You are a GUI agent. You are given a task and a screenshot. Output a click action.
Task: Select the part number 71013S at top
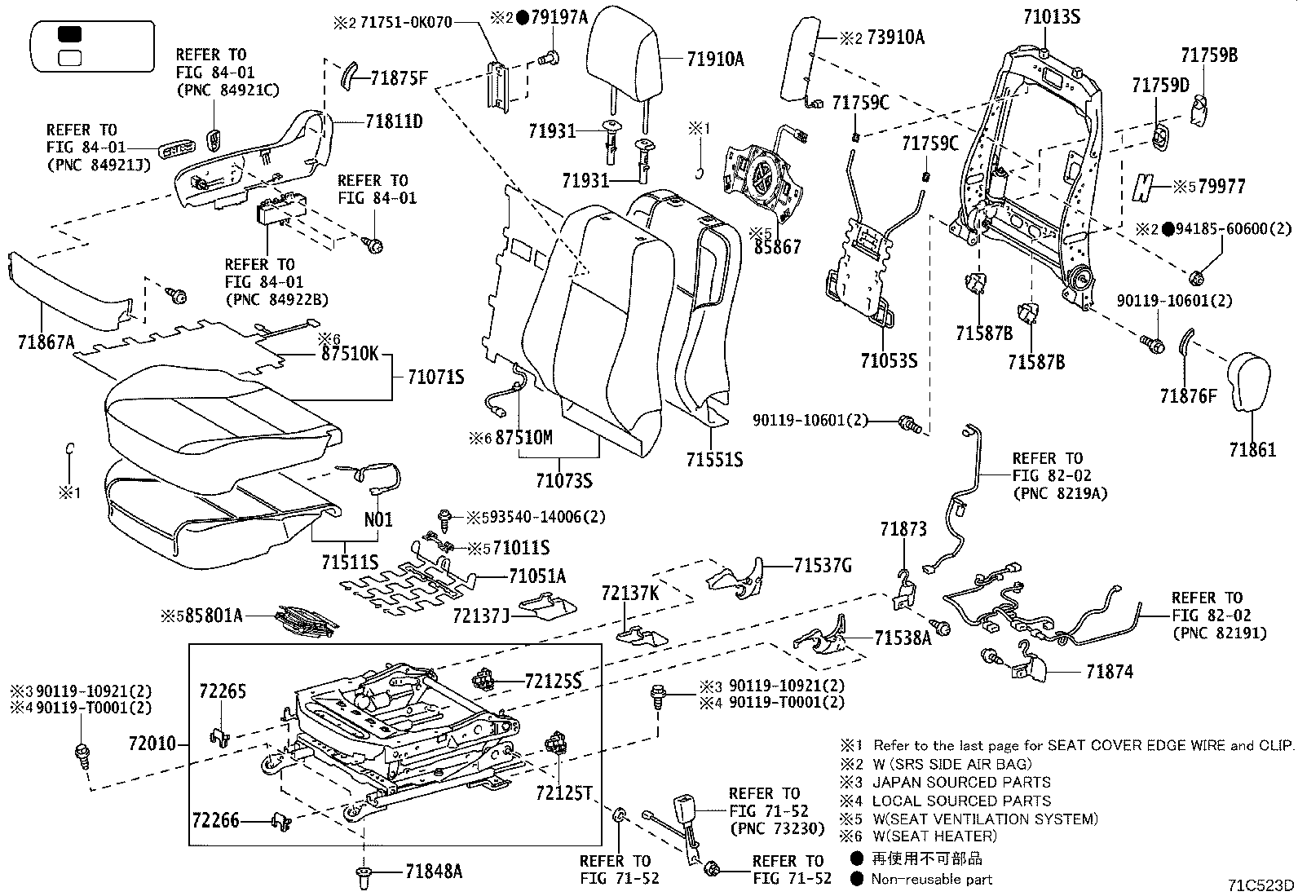tap(1053, 16)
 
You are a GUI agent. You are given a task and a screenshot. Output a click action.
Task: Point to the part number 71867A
tap(46, 342)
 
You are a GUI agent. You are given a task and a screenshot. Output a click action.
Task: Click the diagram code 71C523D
tap(1262, 885)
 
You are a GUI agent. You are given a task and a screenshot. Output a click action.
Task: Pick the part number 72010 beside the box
tap(152, 744)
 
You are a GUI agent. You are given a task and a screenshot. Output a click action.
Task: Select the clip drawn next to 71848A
tap(363, 879)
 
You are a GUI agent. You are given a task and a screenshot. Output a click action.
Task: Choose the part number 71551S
tap(714, 460)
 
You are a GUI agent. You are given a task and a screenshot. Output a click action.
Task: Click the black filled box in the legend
tap(70, 34)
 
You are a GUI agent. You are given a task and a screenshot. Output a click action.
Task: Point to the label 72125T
tap(564, 792)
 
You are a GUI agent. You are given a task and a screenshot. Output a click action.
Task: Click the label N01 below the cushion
tap(378, 519)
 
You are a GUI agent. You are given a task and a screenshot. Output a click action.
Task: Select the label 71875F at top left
tap(399, 78)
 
